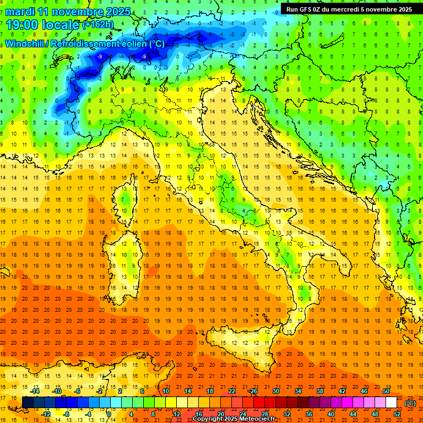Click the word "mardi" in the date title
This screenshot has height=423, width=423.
pos(20,12)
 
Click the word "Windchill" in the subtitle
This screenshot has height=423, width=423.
pos(25,44)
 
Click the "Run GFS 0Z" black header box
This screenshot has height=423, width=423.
pos(349,9)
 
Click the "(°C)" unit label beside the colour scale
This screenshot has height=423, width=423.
pos(410,403)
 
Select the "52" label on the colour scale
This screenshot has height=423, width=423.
pos(397,414)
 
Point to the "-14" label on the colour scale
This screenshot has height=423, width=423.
pos(36,391)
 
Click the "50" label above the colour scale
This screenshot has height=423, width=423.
pos(386,391)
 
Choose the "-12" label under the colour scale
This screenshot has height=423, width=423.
pos(46,414)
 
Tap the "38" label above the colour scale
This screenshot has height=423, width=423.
pos(320,391)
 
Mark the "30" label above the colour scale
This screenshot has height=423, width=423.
pos(276,391)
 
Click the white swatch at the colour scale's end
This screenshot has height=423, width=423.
pos(391,403)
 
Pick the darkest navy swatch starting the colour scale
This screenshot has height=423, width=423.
pos(28,403)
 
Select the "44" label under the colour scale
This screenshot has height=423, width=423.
pos(353,414)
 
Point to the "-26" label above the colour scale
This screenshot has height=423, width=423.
pos(253,391)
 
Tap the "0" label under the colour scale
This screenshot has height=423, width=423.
pos(110,414)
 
